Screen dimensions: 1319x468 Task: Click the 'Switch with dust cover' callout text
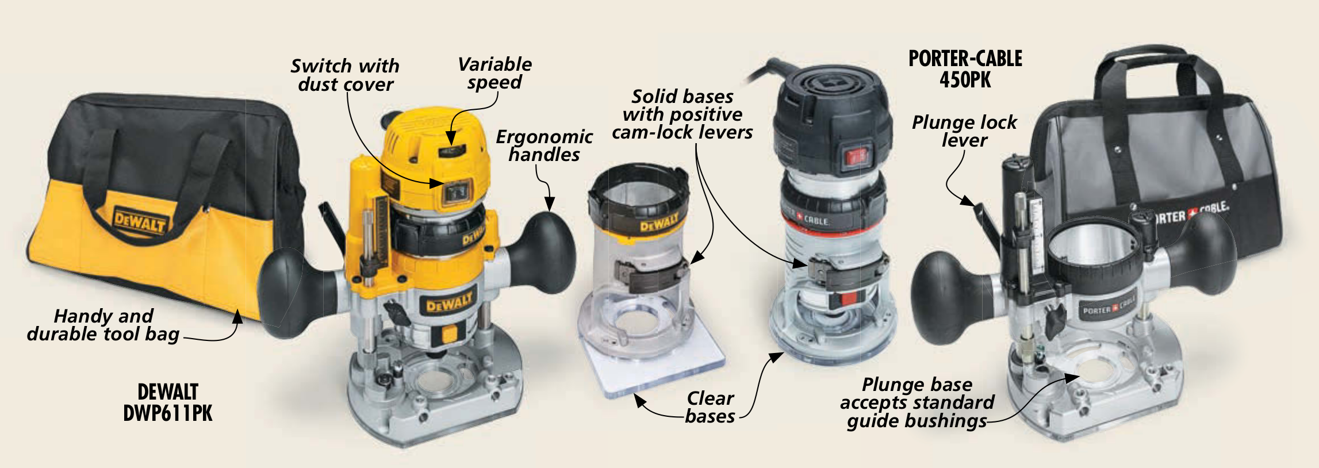pyautogui.click(x=345, y=75)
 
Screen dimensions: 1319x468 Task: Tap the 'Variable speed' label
pyautogui.click(x=495, y=73)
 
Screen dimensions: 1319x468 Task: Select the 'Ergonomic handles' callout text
pyautogui.click(x=545, y=145)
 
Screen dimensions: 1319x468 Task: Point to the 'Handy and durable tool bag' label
pyautogui.click(x=103, y=325)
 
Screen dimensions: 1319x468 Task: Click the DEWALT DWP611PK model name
pyautogui.click(x=168, y=402)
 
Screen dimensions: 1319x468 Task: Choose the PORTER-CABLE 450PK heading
pyautogui.click(x=965, y=69)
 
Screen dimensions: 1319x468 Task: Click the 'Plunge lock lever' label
pyautogui.click(x=964, y=131)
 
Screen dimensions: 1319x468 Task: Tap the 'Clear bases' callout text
pyautogui.click(x=710, y=407)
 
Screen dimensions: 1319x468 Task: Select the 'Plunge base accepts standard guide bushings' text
pyautogui.click(x=917, y=402)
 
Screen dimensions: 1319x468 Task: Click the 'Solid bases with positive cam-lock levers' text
pyautogui.click(x=682, y=114)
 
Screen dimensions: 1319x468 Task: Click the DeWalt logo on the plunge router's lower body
pyautogui.click(x=450, y=301)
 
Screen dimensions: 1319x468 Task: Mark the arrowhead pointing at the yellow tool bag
pyautogui.click(x=237, y=316)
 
